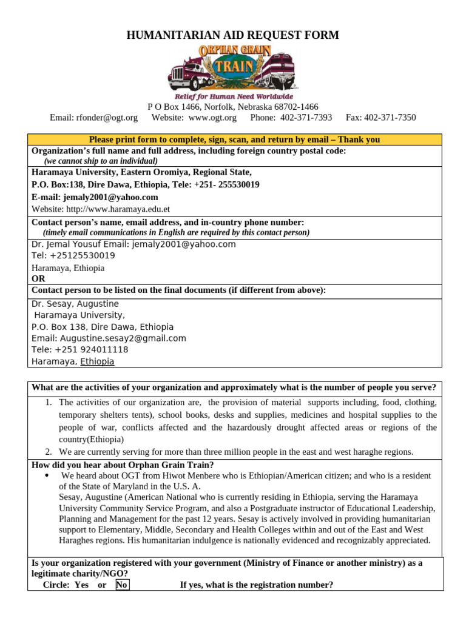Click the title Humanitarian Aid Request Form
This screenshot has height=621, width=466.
pyautogui.click(x=232, y=35)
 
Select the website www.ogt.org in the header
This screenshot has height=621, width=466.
pyautogui.click(x=212, y=118)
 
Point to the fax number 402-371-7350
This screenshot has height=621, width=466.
pyautogui.click(x=391, y=118)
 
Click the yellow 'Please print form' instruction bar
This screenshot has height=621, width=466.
pyautogui.click(x=234, y=139)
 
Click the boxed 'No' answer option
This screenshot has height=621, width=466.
pyautogui.click(x=122, y=585)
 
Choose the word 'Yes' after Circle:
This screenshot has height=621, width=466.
pyautogui.click(x=81, y=585)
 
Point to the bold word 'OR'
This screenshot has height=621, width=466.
pyautogui.click(x=38, y=279)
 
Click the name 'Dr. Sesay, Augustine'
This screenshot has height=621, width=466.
pyautogui.click(x=75, y=304)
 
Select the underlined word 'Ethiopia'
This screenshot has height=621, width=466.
pyautogui.click(x=97, y=361)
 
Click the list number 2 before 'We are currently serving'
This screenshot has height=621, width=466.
pyautogui.click(x=49, y=452)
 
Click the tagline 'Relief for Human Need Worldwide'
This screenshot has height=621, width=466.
pyautogui.click(x=234, y=96)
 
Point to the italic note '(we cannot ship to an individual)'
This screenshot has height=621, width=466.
pyautogui.click(x=101, y=161)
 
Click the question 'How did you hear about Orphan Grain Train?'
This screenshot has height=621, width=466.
pyautogui.click(x=123, y=465)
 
